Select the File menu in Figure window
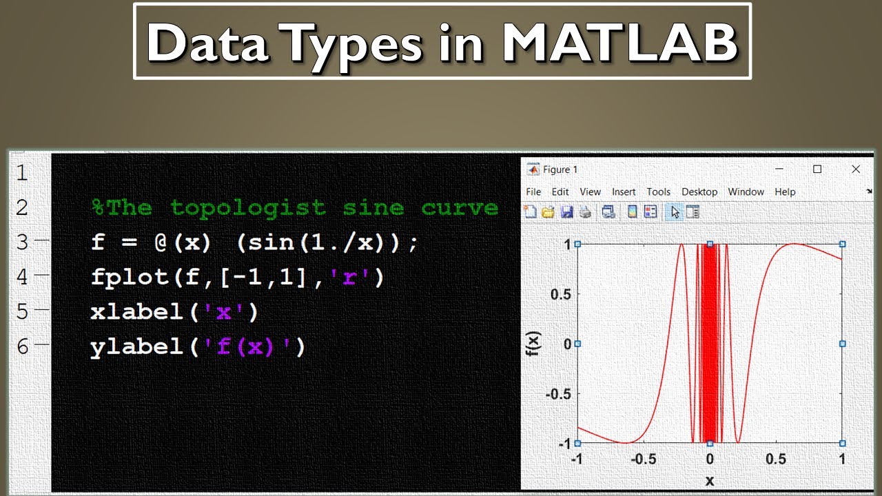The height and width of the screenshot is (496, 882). pyautogui.click(x=533, y=192)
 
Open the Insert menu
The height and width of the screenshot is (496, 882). pyautogui.click(x=624, y=192)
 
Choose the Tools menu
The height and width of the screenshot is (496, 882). pyautogui.click(x=658, y=192)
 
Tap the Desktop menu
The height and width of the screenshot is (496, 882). pyautogui.click(x=699, y=192)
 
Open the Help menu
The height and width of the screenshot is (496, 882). pyautogui.click(x=785, y=192)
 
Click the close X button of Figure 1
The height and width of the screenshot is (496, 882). pyautogui.click(x=856, y=169)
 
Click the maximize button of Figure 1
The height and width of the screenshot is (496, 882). pyautogui.click(x=817, y=169)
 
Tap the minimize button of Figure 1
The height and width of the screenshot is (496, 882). pyautogui.click(x=779, y=169)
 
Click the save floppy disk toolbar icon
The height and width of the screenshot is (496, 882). pyautogui.click(x=566, y=212)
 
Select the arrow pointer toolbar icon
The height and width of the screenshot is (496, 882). pyautogui.click(x=675, y=212)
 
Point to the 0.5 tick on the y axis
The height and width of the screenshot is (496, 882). pyautogui.click(x=561, y=294)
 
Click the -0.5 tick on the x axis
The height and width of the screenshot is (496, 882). pyautogui.click(x=644, y=459)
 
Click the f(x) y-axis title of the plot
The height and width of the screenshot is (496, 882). pyautogui.click(x=533, y=344)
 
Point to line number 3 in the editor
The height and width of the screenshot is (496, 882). pyautogui.click(x=22, y=242)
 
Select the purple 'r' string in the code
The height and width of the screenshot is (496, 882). pyautogui.click(x=349, y=277)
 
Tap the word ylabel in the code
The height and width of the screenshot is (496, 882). pyautogui.click(x=136, y=347)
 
